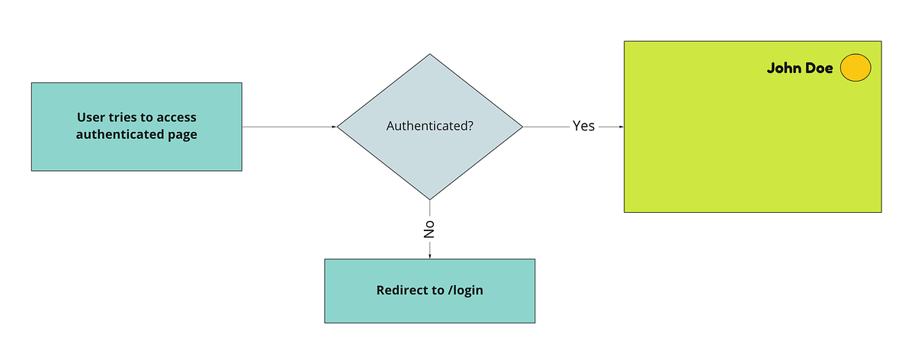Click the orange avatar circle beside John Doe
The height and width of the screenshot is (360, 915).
(856, 69)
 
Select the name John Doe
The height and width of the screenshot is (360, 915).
(799, 69)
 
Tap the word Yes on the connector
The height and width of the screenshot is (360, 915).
(583, 127)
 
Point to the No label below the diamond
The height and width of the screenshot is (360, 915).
(429, 230)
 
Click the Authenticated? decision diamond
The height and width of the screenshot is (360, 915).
(430, 127)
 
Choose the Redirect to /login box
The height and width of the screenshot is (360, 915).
(430, 291)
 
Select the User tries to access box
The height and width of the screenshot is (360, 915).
(136, 127)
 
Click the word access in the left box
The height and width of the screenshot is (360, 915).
(176, 117)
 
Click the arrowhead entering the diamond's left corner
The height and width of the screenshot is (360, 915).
(334, 127)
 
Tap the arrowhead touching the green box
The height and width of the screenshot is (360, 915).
(621, 127)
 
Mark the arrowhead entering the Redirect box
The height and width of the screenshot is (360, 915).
(430, 256)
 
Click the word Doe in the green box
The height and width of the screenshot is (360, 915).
(818, 69)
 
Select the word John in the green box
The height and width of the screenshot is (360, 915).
(782, 69)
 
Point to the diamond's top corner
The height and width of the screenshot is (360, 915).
(430, 56)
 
